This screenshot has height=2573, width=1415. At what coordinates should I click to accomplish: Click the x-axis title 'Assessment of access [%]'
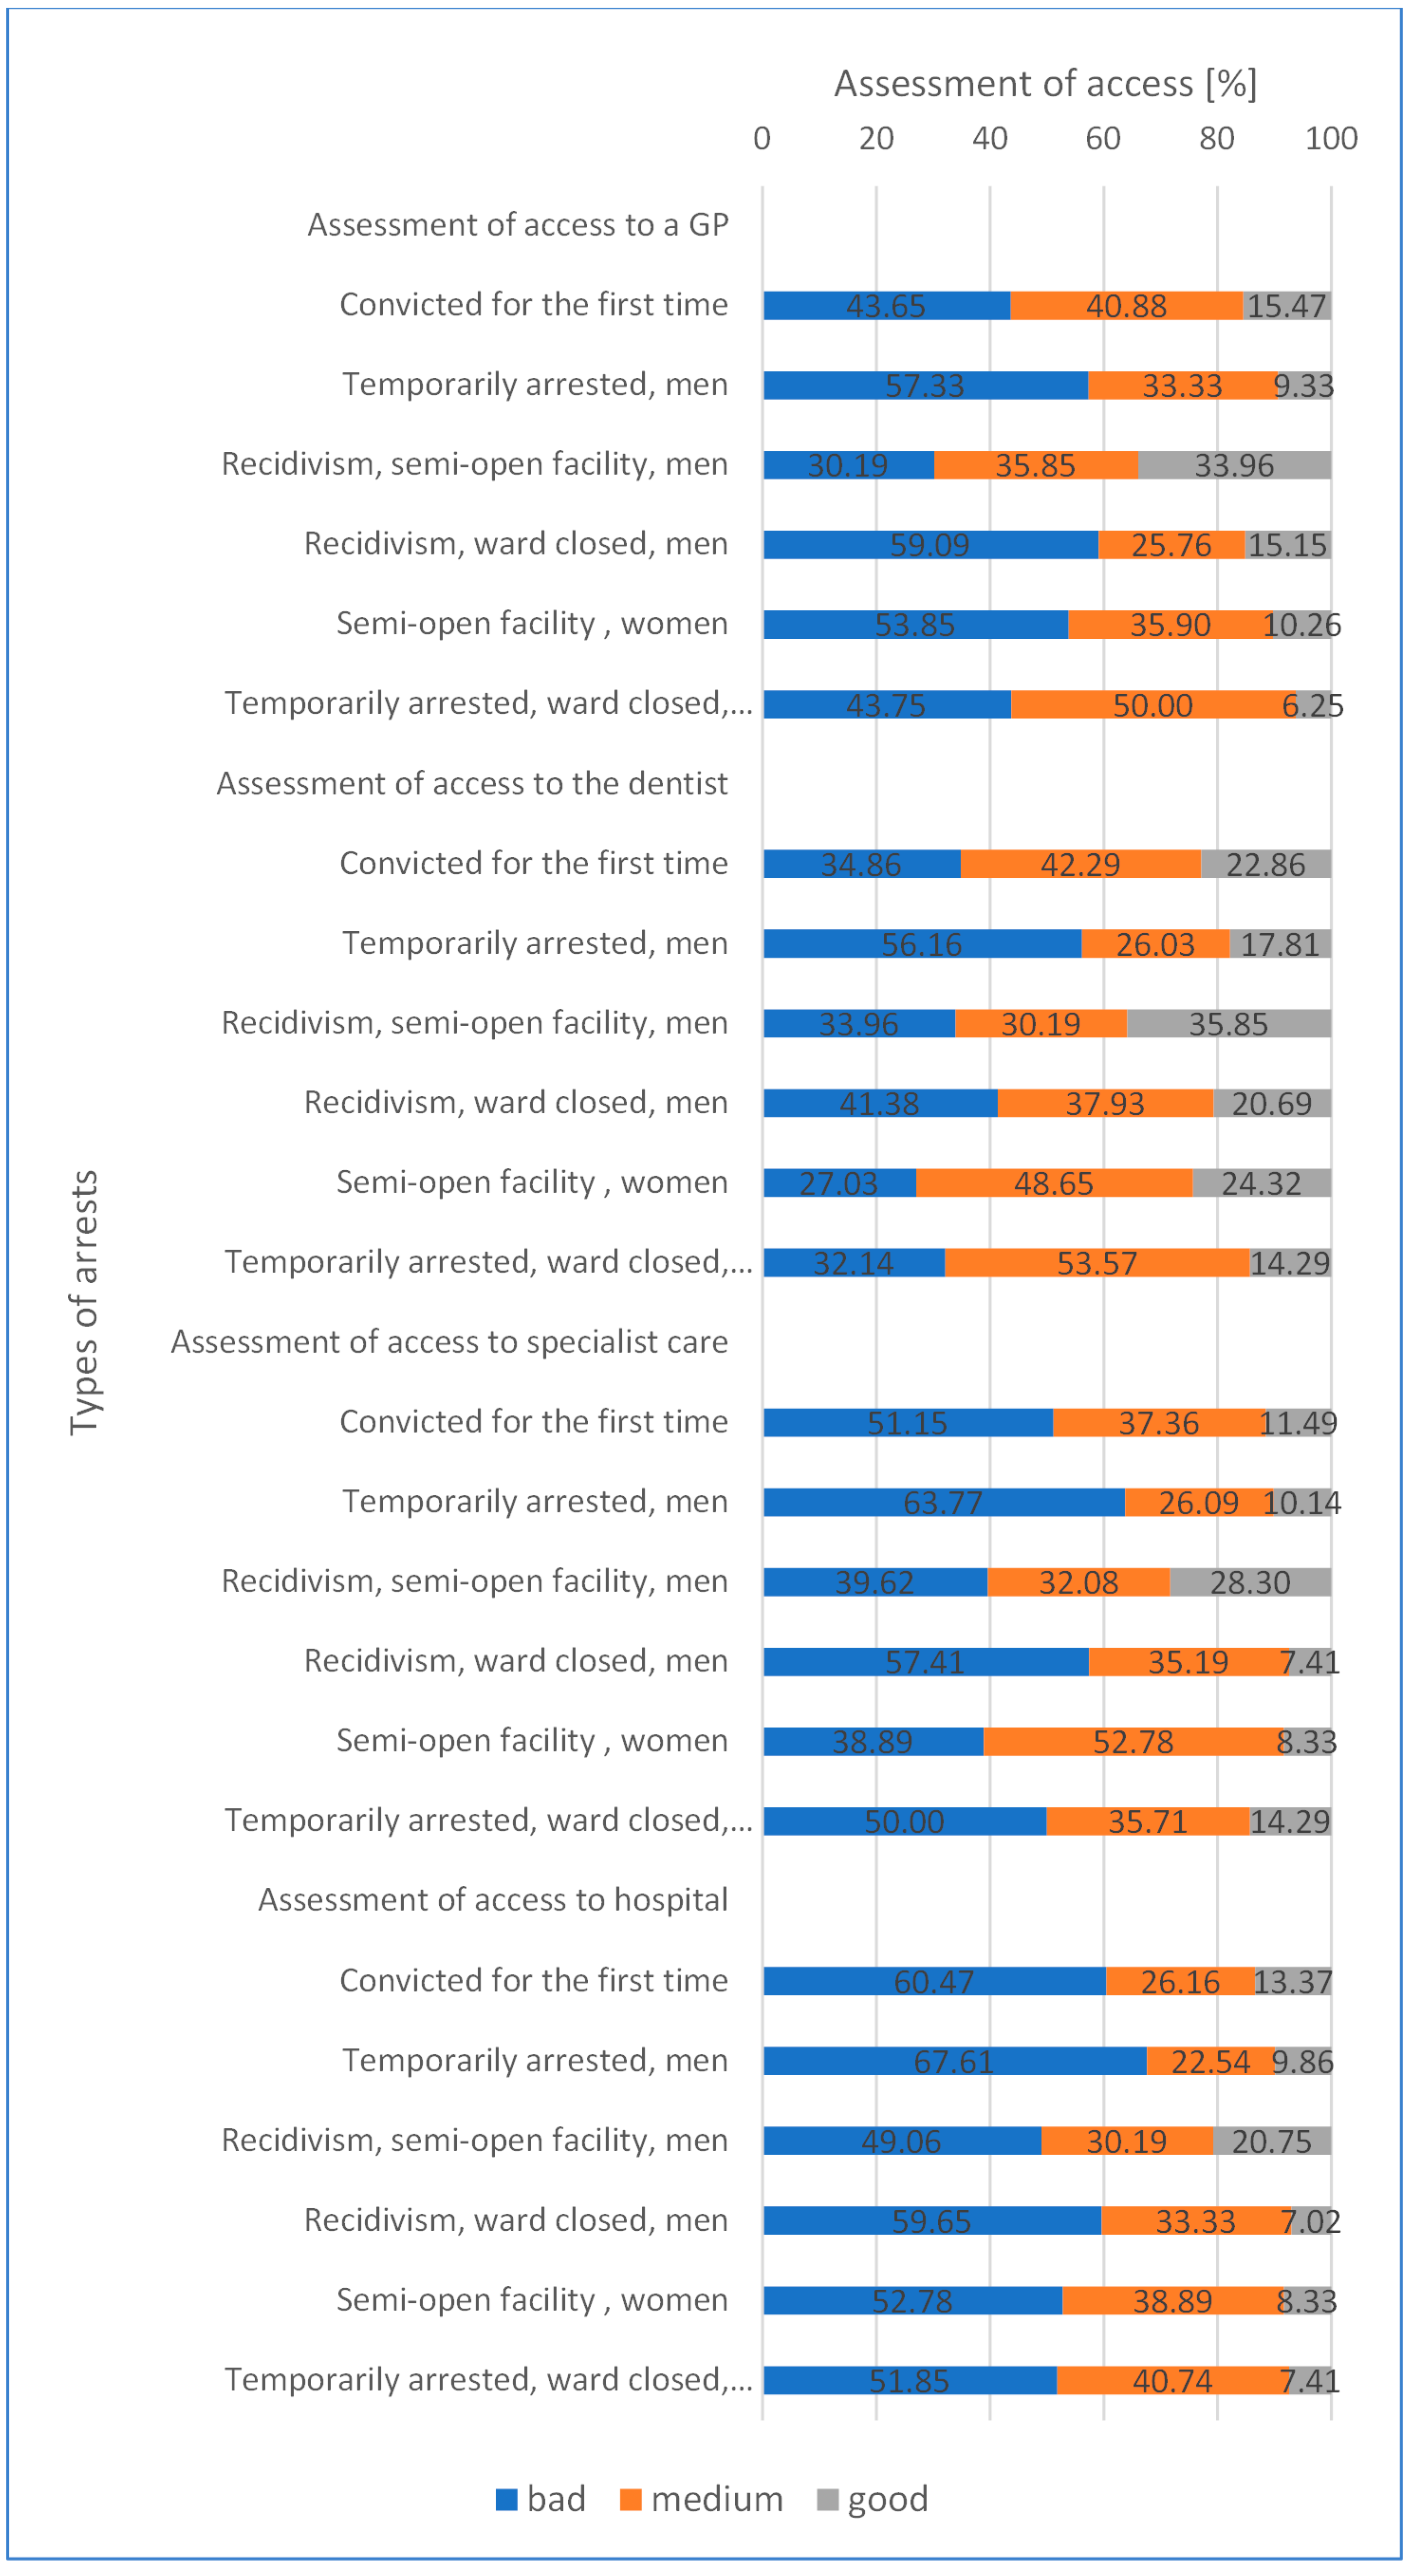coord(1045,84)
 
